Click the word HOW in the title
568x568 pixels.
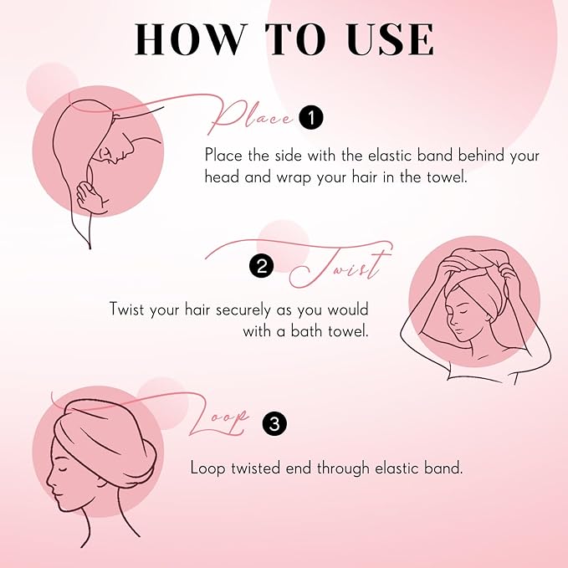pyautogui.click(x=191, y=39)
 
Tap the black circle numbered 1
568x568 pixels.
pyautogui.click(x=311, y=118)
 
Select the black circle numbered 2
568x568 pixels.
pyautogui.click(x=262, y=267)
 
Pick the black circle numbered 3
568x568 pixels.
pyautogui.click(x=274, y=423)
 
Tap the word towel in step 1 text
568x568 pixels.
pyautogui.click(x=447, y=177)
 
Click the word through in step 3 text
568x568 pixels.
pyautogui.click(x=344, y=468)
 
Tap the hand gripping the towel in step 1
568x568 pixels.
pyautogui.click(x=91, y=197)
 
